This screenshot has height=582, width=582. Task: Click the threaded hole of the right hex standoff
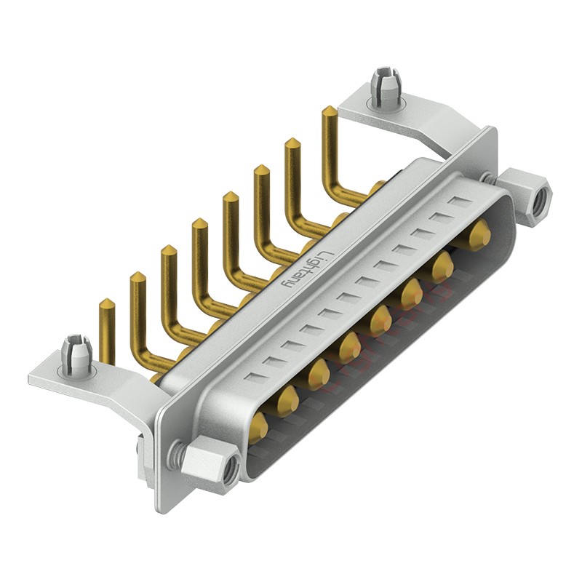pos(538,194)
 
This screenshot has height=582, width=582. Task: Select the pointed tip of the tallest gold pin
pos(329,111)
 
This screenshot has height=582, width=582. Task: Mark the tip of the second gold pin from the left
pos(136,277)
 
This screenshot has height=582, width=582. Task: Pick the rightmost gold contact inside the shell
pos(478,235)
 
